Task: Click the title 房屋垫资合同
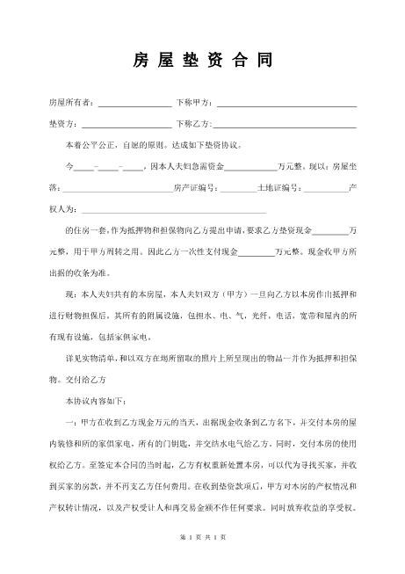point(202,61)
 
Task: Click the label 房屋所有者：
point(73,103)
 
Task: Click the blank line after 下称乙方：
point(286,124)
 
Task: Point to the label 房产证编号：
point(195,187)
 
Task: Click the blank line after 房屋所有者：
point(135,104)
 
